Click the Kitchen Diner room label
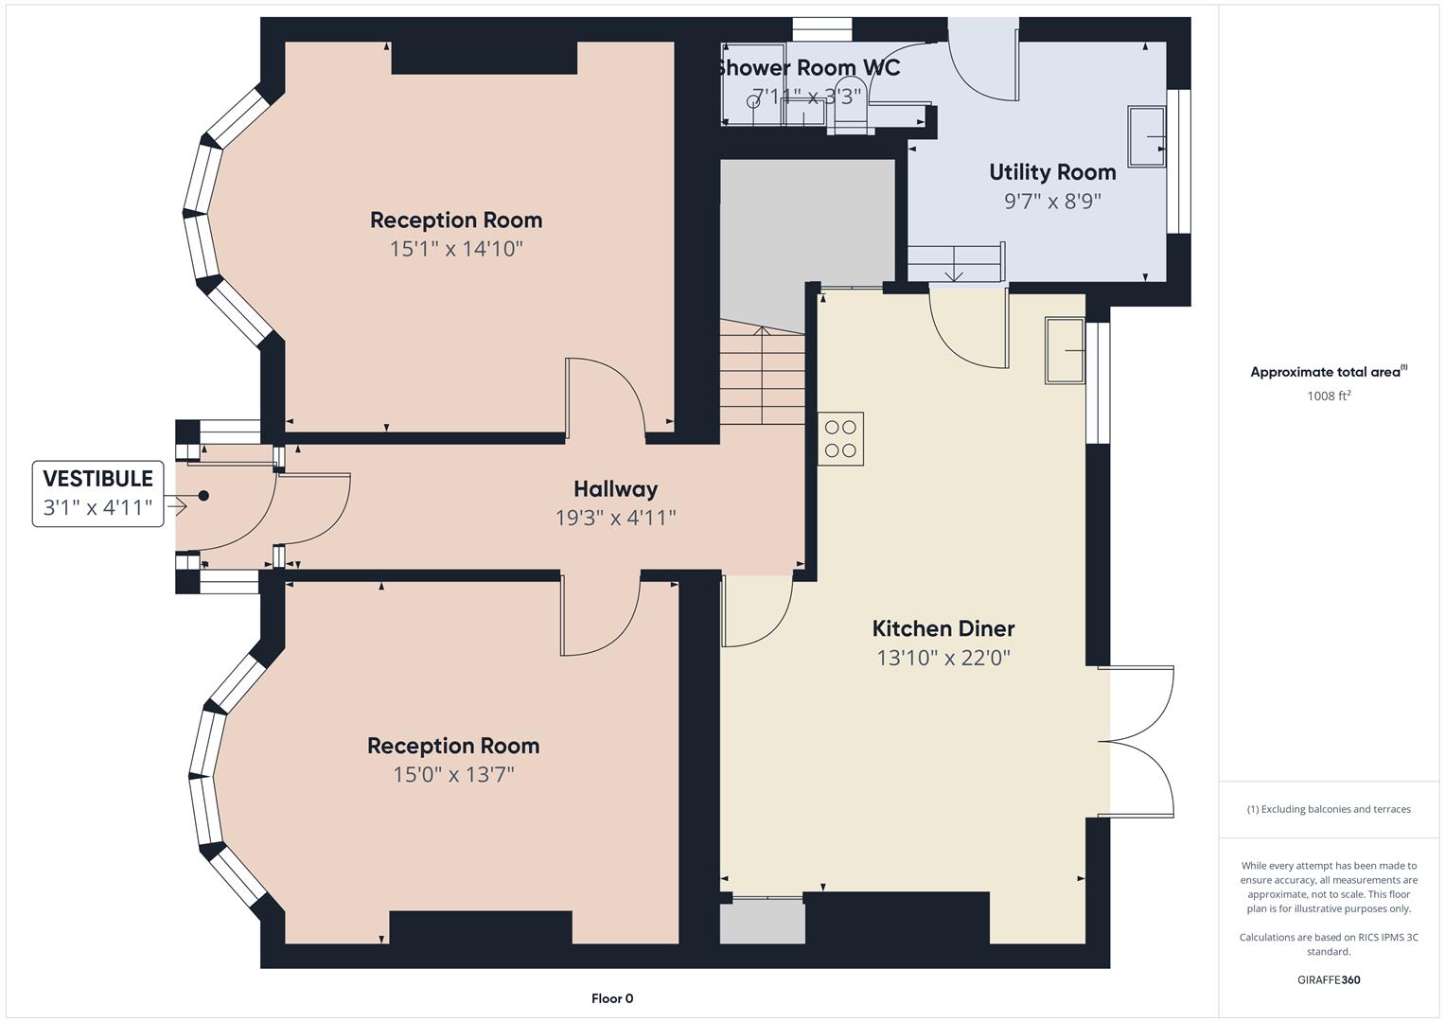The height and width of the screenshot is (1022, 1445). coord(943,628)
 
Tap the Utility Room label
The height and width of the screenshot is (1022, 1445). coord(1052,172)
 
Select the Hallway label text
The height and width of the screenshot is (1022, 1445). coord(615,489)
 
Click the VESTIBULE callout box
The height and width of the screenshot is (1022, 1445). coord(97,493)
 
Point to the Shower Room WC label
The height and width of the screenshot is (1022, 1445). coord(807,68)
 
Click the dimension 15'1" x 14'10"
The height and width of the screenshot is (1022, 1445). coord(456,249)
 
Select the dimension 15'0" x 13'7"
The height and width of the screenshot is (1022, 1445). coord(453,775)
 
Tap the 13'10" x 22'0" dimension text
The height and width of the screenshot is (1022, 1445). coord(943,658)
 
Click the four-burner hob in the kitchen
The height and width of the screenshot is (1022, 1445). coord(840,439)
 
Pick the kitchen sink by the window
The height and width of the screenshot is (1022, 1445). coord(1065,351)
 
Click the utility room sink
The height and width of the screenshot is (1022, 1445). coord(1146,137)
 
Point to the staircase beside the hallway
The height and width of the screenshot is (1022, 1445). coord(762,374)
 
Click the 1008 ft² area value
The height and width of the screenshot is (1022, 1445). coord(1329,396)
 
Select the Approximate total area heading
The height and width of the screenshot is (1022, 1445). coord(1328,372)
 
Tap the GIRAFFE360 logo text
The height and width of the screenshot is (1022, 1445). coord(1328,979)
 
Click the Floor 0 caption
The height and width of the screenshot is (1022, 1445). coord(612,998)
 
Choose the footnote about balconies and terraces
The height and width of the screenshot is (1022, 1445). coord(1328,809)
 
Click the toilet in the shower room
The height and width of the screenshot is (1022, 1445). coord(849,117)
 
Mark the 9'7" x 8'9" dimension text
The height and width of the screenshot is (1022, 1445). coord(1052,202)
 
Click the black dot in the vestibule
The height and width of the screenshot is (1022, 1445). coord(203,496)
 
